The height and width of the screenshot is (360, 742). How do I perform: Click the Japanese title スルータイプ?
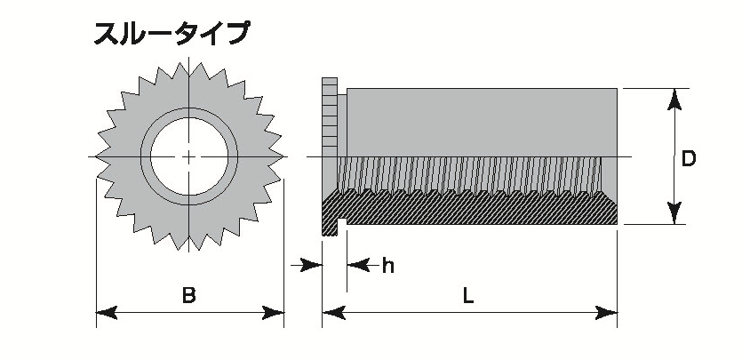(x=172, y=34)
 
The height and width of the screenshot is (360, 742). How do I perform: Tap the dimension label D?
(x=688, y=159)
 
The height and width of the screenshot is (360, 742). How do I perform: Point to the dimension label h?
(x=387, y=265)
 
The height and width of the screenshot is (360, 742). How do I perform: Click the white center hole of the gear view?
(x=189, y=156)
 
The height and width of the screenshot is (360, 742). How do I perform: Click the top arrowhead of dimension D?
(x=674, y=99)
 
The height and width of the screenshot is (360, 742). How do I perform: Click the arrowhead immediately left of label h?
(x=357, y=265)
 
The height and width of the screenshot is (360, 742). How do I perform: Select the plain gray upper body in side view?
(x=480, y=120)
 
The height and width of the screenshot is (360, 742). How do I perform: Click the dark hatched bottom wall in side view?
(x=471, y=212)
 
